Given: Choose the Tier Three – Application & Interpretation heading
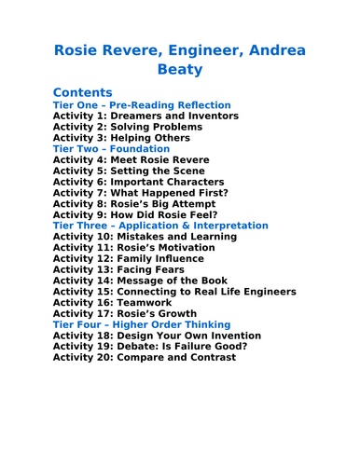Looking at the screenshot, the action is [x=160, y=226].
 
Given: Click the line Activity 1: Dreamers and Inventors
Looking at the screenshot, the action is [x=145, y=116].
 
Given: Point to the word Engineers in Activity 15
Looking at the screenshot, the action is [x=264, y=291].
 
